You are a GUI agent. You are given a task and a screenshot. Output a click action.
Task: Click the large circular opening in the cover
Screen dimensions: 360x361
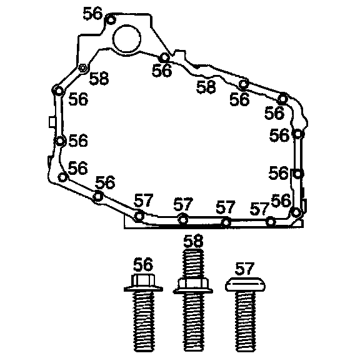126,39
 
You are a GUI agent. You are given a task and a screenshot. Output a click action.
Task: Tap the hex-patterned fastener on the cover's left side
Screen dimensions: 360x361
83,68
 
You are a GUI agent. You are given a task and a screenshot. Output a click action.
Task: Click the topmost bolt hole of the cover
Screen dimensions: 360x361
111,20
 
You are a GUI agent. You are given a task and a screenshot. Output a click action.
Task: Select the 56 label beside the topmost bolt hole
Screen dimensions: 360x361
92,13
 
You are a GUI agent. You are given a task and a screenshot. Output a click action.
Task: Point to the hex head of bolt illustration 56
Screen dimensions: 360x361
142,280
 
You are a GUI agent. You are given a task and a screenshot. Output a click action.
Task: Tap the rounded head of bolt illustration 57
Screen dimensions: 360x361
245,284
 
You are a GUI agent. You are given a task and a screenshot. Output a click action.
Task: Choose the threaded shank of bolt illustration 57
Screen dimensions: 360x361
246,321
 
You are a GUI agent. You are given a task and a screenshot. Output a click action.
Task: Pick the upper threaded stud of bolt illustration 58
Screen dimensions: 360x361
194,263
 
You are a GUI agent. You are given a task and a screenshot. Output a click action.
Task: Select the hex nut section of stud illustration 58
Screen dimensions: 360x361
193,285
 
